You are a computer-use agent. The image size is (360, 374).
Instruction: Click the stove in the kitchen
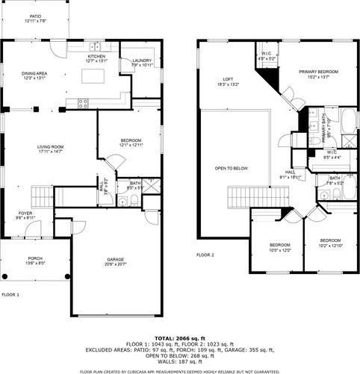tap(83, 102)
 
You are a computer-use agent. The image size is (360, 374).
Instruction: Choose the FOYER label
tap(26, 215)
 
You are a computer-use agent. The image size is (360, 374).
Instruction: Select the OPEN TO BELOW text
tap(232, 168)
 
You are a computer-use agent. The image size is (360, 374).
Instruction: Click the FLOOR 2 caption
tap(205, 255)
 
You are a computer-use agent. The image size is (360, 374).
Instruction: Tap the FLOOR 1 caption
tap(10, 295)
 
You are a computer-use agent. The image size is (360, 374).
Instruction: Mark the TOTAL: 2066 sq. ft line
tap(179, 338)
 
